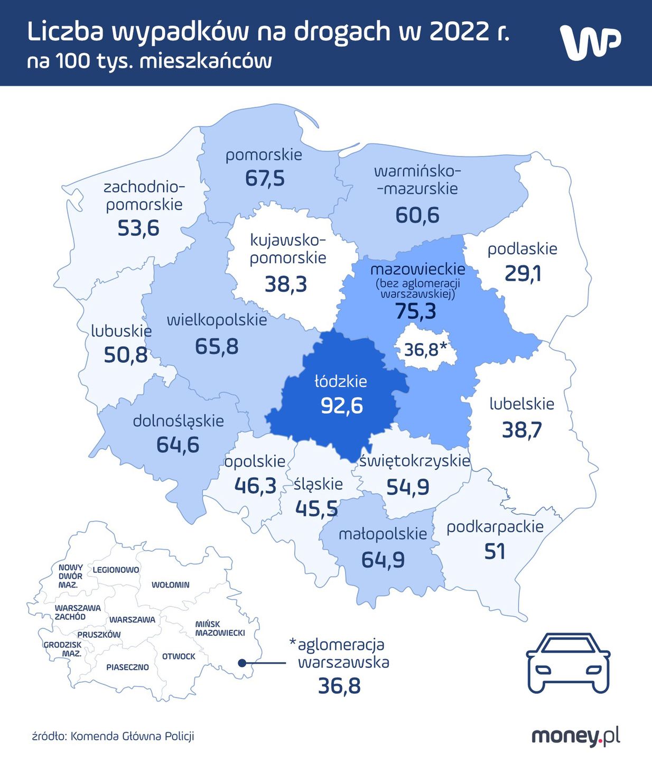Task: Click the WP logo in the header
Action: coord(590,42)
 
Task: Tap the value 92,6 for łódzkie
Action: coord(342,406)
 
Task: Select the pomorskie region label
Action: coord(264,155)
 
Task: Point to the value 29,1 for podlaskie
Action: coord(523,274)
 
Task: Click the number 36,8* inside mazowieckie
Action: coord(425,349)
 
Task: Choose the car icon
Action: coord(568,663)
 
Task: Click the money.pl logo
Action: coord(575,736)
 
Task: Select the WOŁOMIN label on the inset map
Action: coord(170,585)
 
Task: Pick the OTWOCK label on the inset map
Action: coord(179,656)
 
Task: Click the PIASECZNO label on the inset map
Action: coord(127,667)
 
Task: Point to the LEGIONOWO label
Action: coord(116,570)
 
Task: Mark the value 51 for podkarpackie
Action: coord(495,552)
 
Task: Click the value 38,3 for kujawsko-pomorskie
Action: coord(285,284)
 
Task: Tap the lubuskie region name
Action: coord(121,331)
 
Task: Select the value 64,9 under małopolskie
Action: coord(383,560)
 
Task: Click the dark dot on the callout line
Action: coord(242,663)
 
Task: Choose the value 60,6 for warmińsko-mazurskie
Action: coord(417,215)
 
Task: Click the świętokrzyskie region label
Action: coord(414,461)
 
